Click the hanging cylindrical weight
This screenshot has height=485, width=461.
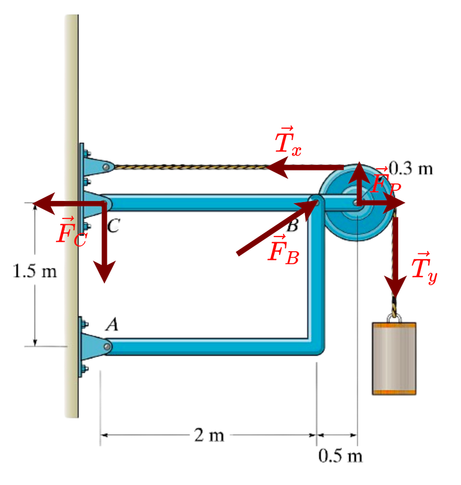coord(394,358)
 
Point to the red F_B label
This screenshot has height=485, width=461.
coord(283,249)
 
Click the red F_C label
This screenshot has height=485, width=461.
coord(71,231)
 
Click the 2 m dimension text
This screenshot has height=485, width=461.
coord(208,435)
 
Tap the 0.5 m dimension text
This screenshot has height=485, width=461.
coord(340,455)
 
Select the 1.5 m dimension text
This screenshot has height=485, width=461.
coord(35,272)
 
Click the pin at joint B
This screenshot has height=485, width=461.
coord(315,202)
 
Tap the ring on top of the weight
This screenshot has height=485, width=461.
coord(394,313)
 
